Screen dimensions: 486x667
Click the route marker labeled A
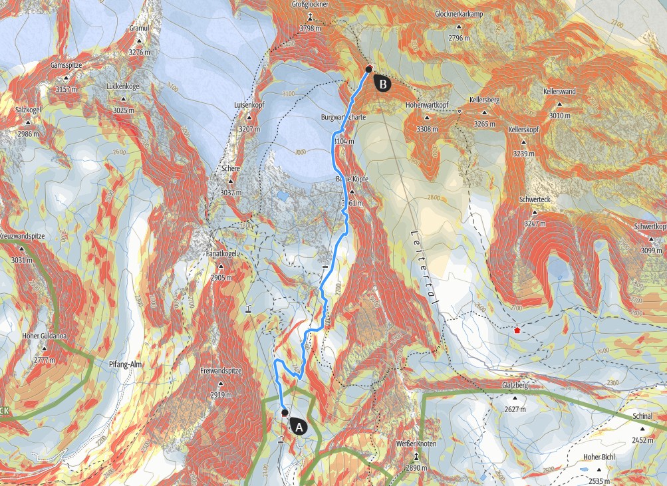tap(298, 427)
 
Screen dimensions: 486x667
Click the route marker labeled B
tap(382, 83)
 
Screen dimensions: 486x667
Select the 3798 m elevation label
tap(310, 29)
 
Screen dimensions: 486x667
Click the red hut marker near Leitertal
tap(517, 329)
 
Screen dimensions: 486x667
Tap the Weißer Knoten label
tap(416, 443)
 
